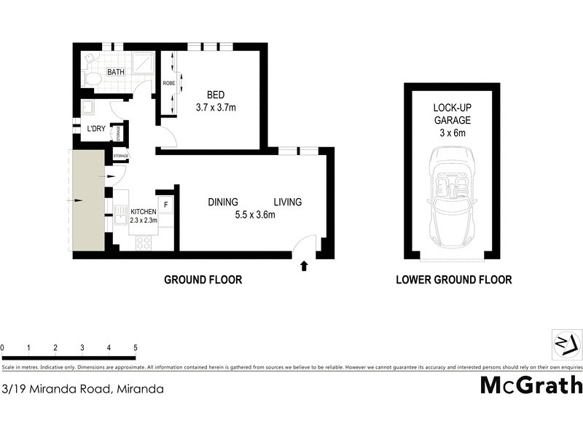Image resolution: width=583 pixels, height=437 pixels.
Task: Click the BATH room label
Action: (x=116, y=72)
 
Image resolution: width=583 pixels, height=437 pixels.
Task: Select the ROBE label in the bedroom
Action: (x=168, y=83)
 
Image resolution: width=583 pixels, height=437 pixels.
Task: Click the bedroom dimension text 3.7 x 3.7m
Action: (x=216, y=108)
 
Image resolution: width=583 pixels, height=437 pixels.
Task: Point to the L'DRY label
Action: (x=97, y=130)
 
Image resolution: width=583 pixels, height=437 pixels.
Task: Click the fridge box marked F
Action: (x=165, y=205)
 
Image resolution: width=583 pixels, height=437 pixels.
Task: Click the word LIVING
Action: (x=287, y=202)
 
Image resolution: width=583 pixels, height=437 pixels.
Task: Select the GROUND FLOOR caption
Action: (x=203, y=280)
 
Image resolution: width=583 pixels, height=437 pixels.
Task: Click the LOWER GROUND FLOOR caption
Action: (x=453, y=280)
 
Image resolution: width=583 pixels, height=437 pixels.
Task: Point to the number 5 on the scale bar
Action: (x=136, y=347)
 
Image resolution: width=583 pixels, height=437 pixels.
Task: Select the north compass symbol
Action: (x=566, y=343)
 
